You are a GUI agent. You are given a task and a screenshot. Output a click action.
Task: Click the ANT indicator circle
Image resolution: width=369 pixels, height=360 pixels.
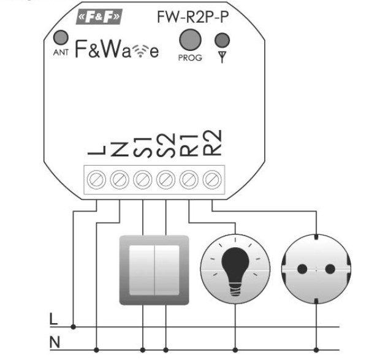59,37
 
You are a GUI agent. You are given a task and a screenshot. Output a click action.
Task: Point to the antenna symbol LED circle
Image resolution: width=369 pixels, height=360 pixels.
222,40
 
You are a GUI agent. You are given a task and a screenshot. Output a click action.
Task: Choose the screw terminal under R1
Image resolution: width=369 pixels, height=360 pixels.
189,179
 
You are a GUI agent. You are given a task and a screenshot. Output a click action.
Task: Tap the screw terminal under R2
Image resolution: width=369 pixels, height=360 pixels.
211,179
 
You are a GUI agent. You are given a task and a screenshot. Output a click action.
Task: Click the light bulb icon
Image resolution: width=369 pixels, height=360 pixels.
235,270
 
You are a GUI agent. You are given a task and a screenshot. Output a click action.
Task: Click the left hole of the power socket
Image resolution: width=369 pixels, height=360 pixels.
302,269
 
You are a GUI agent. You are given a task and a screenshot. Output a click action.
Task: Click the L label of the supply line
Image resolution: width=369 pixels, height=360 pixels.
53,320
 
